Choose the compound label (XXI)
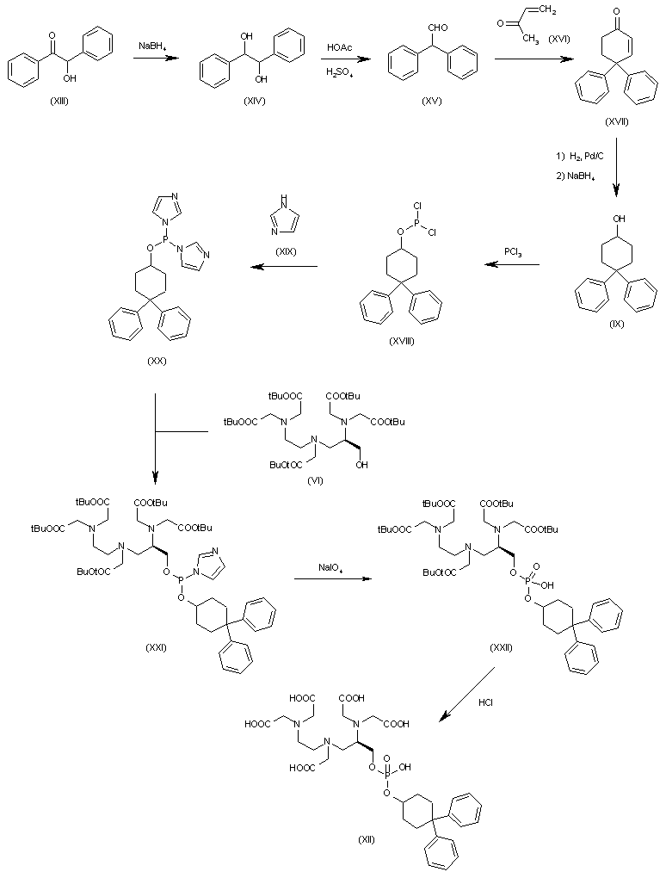(x=156, y=647)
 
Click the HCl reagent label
(x=485, y=702)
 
